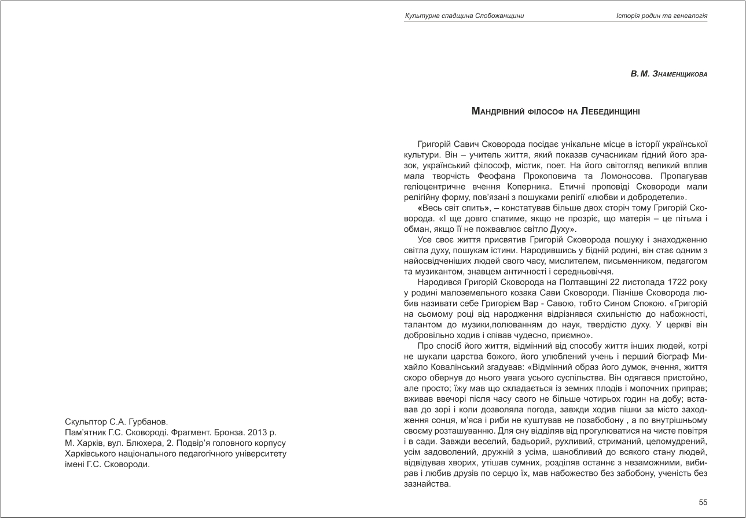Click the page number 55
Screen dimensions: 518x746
(703, 502)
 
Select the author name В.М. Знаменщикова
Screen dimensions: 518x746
(669, 75)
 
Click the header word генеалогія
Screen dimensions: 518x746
(689, 16)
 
